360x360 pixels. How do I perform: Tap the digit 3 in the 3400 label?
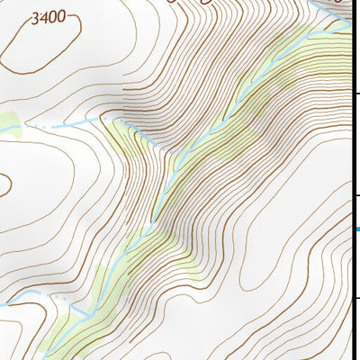point(35,17)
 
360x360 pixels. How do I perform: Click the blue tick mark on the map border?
point(356,229)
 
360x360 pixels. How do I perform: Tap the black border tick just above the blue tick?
point(356,196)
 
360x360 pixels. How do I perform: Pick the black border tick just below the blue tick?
point(356,298)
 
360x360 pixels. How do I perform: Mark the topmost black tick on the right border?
point(356,94)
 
